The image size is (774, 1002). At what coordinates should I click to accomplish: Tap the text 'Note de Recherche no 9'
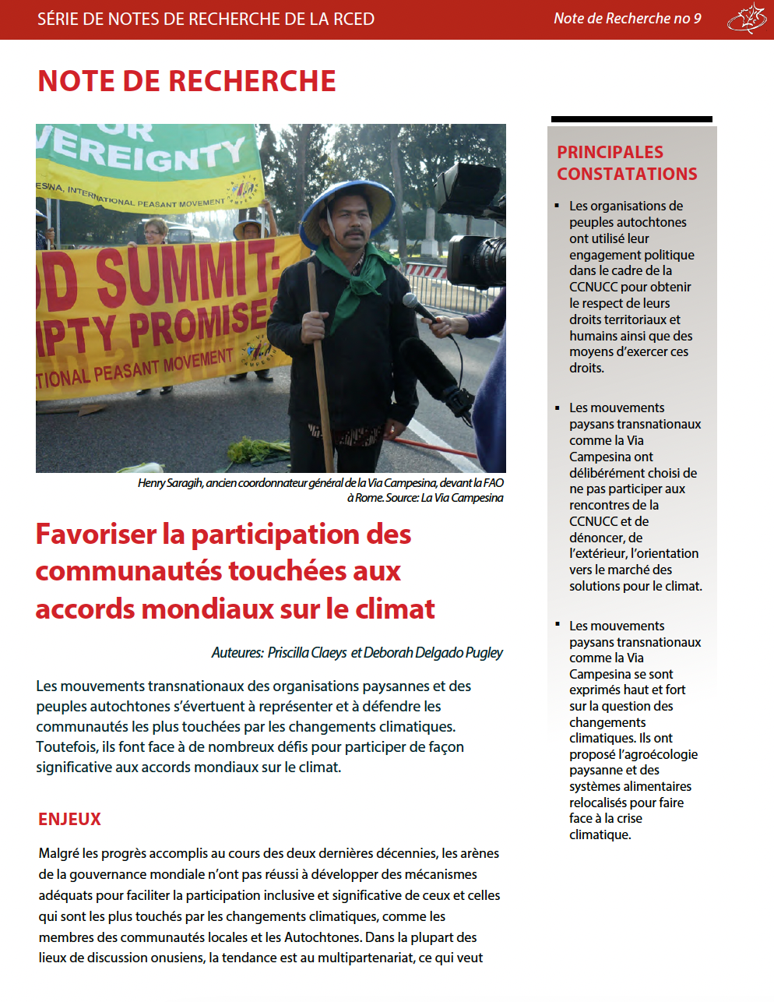[x=627, y=19]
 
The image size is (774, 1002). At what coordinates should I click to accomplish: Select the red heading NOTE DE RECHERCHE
[x=187, y=81]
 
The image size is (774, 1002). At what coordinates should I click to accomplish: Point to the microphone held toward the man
[x=420, y=309]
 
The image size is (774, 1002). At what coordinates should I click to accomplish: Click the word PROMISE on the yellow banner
[x=199, y=323]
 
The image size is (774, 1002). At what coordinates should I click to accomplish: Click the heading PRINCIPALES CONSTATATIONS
[x=627, y=163]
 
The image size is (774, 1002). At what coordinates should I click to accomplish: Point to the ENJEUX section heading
[x=70, y=819]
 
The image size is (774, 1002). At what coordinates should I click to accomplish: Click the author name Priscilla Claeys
[x=307, y=652]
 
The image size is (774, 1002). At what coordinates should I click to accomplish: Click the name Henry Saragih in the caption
[x=171, y=483]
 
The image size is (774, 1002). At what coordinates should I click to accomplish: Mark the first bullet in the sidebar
[x=558, y=206]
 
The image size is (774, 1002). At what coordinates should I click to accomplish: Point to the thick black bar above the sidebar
[x=632, y=119]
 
